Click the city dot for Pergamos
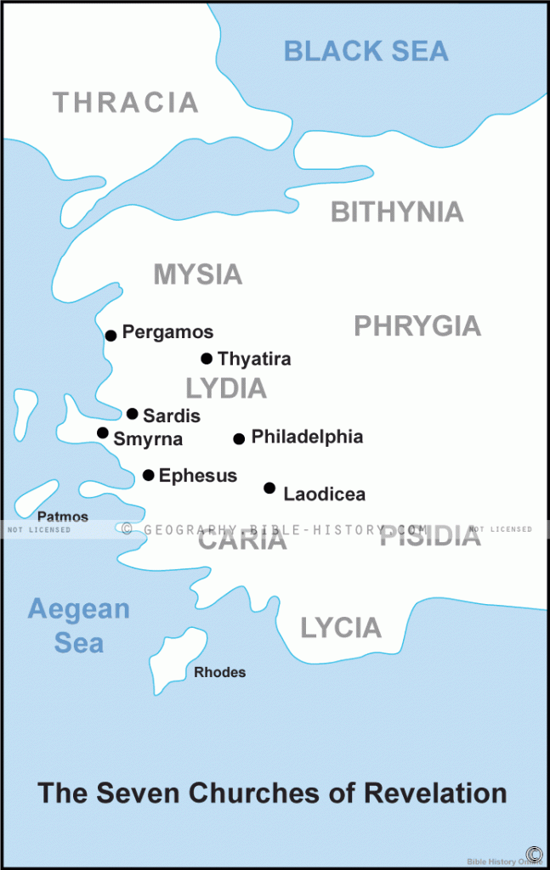coord(111,336)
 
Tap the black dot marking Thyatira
coord(207,359)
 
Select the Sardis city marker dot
coord(133,414)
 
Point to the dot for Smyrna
coord(103,433)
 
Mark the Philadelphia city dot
coord(239,438)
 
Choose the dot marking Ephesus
coord(149,475)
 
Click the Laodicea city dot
coord(269,488)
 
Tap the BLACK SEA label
coord(366,51)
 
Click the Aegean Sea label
coord(78,626)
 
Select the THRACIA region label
coord(126,103)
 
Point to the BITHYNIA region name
coord(397,212)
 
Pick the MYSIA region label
coord(197,274)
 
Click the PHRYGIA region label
coord(417,326)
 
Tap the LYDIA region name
coord(226,388)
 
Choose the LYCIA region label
coord(341,628)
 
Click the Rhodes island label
coord(220,673)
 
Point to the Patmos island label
coord(63,517)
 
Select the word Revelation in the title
coord(436,794)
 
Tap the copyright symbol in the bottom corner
coord(534,854)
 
